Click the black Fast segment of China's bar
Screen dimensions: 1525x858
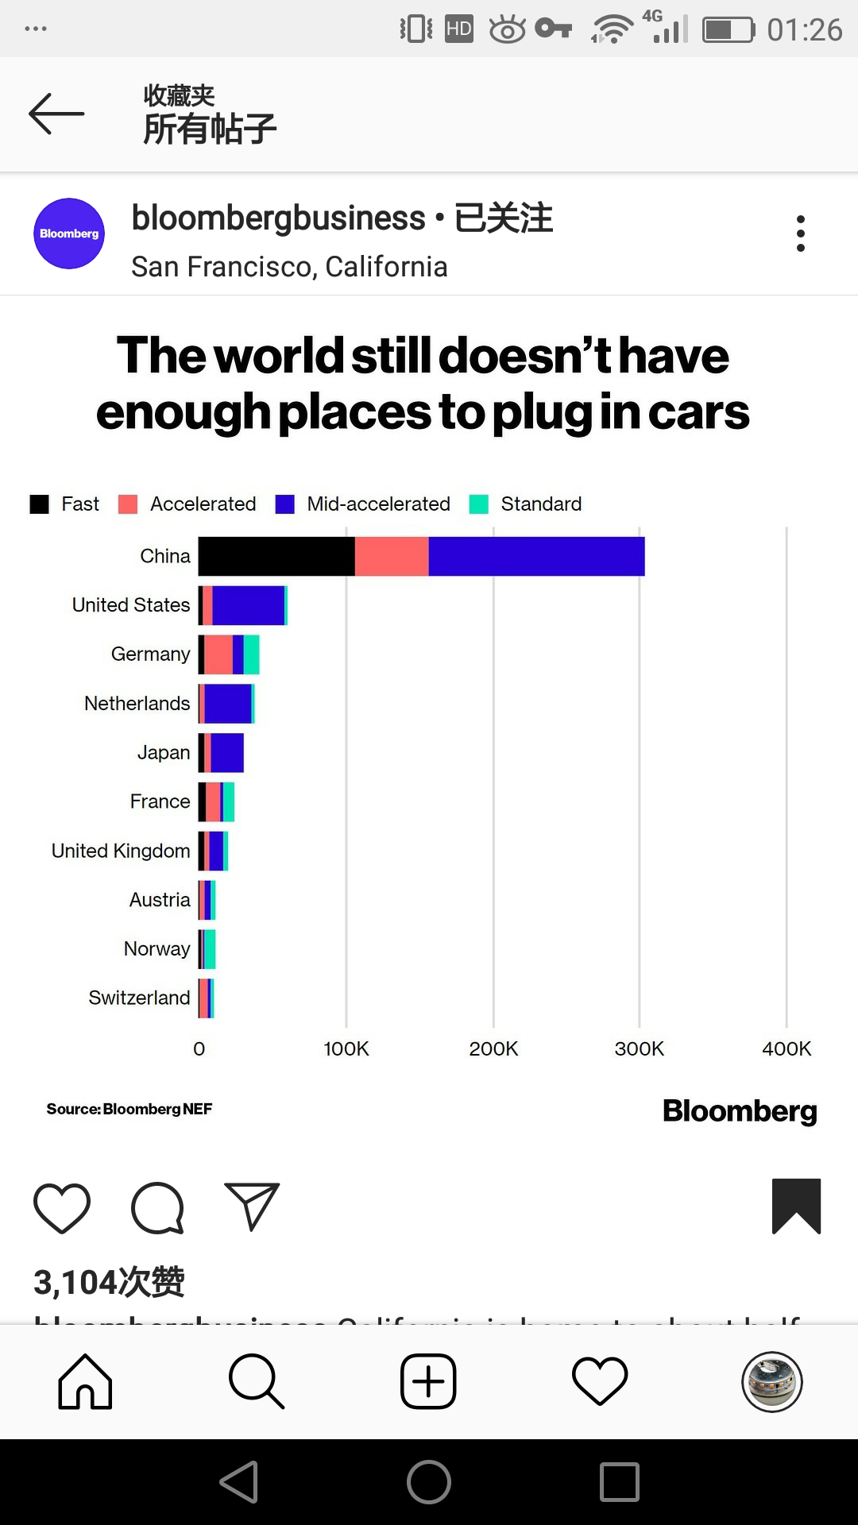pyautogui.click(x=276, y=556)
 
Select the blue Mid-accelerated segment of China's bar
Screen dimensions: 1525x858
pyautogui.click(x=536, y=556)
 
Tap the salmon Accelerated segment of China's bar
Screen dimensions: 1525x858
pyautogui.click(x=392, y=556)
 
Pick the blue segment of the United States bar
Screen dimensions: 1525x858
pyautogui.click(x=248, y=605)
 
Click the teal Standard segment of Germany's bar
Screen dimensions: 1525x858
pyautogui.click(x=251, y=654)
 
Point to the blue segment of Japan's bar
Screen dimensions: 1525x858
pyautogui.click(x=227, y=753)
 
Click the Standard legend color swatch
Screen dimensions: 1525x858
pyautogui.click(x=479, y=504)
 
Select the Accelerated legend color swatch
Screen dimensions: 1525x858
pyautogui.click(x=128, y=504)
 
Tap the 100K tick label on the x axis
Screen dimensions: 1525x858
pyautogui.click(x=346, y=1048)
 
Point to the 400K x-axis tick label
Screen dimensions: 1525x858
pyautogui.click(x=786, y=1048)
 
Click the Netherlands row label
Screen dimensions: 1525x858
pyautogui.click(x=137, y=704)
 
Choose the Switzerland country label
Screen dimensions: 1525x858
pyautogui.click(x=139, y=998)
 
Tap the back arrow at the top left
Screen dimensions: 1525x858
pyautogui.click(x=56, y=114)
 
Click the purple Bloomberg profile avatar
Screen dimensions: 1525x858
pyautogui.click(x=69, y=234)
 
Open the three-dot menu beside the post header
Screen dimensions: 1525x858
pyautogui.click(x=801, y=234)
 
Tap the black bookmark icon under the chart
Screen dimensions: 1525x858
pyautogui.click(x=796, y=1206)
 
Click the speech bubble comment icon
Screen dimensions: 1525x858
pyautogui.click(x=157, y=1208)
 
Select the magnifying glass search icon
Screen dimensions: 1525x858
pyautogui.click(x=256, y=1381)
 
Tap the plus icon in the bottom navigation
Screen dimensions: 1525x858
pyautogui.click(x=428, y=1381)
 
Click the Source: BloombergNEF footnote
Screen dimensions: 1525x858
pyautogui.click(x=129, y=1109)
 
